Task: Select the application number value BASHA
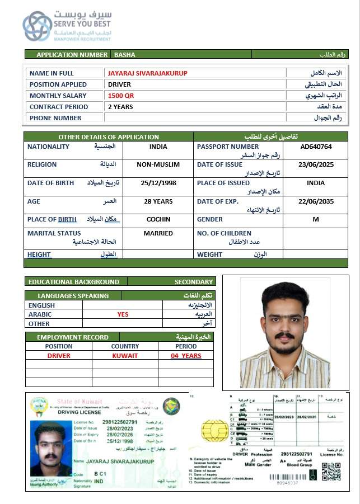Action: (x=125, y=55)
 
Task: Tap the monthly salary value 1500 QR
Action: (x=121, y=96)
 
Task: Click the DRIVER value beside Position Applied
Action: (x=119, y=84)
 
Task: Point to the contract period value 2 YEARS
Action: (x=120, y=107)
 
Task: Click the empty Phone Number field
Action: (x=195, y=118)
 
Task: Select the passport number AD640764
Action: (x=316, y=147)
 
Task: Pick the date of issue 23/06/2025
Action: (x=316, y=164)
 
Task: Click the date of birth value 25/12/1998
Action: (x=158, y=183)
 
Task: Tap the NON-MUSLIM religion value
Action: (x=158, y=164)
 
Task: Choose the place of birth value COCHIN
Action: (x=158, y=219)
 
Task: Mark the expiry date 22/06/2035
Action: (x=316, y=201)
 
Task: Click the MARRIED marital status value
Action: (x=158, y=233)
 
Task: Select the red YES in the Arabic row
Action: (x=123, y=314)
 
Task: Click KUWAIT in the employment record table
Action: (x=125, y=356)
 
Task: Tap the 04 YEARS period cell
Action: (x=186, y=356)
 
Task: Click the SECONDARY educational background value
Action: (x=193, y=282)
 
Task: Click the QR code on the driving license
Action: (x=331, y=472)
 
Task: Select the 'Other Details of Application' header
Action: (x=109, y=136)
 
